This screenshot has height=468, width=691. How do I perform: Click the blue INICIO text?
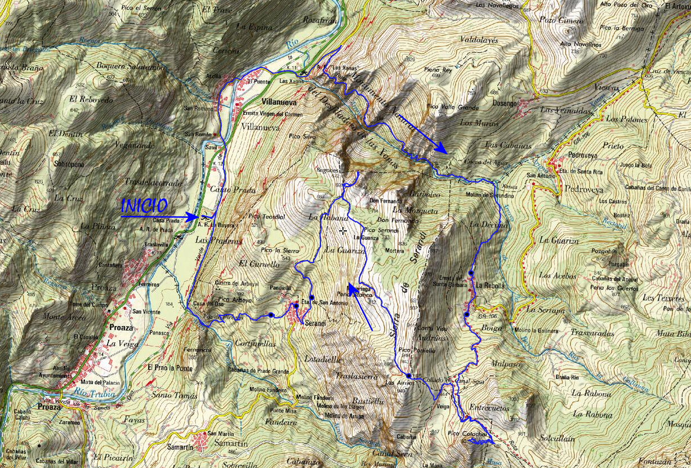click(x=145, y=205)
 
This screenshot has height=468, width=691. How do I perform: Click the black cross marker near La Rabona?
click(x=343, y=230)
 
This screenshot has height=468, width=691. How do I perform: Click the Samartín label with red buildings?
click(x=180, y=447)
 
